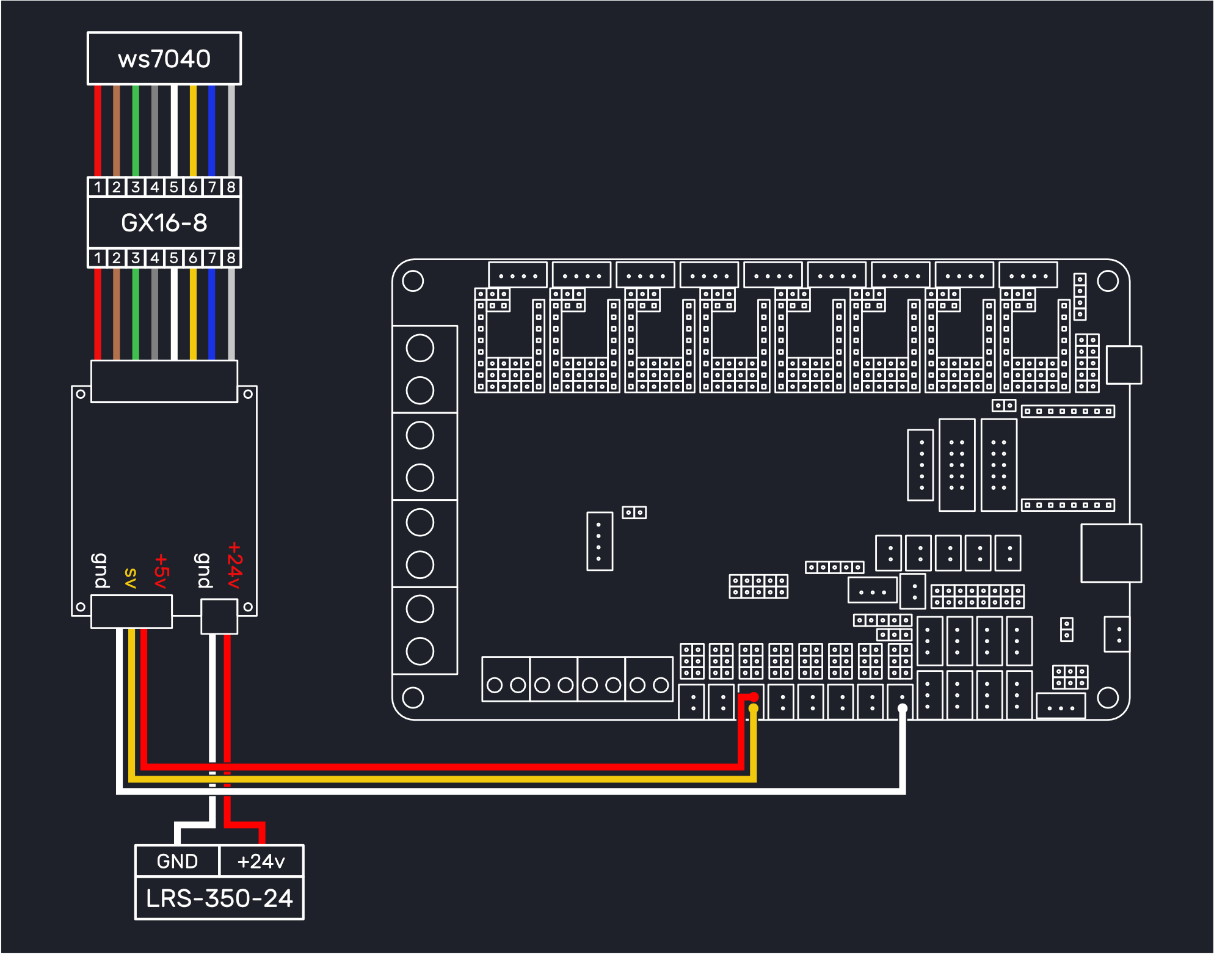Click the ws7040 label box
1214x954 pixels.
[x=164, y=59]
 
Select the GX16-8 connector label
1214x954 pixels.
[x=164, y=222]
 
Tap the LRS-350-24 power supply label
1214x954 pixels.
[x=219, y=898]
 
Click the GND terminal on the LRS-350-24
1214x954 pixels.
[x=177, y=861]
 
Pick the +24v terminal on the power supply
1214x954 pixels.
[x=261, y=861]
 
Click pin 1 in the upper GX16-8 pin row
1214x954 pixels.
[x=98, y=187]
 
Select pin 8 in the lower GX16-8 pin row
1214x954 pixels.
[x=231, y=258]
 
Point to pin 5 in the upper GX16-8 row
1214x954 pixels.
[x=174, y=187]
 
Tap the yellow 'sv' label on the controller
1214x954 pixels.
[x=130, y=578]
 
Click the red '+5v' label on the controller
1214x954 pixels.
[x=161, y=571]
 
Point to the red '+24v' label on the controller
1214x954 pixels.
[x=234, y=565]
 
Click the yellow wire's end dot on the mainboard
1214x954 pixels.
[x=754, y=708]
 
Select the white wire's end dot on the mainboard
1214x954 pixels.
[x=903, y=708]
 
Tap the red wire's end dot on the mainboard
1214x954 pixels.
[x=754, y=697]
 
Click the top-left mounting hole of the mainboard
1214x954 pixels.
[x=413, y=281]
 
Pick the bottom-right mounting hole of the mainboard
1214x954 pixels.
[x=1108, y=697]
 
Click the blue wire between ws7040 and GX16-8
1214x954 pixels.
[x=212, y=131]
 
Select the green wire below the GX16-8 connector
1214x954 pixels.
[x=136, y=314]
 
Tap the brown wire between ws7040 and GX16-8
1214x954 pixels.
[x=117, y=131]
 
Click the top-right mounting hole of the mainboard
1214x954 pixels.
[x=1108, y=281]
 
